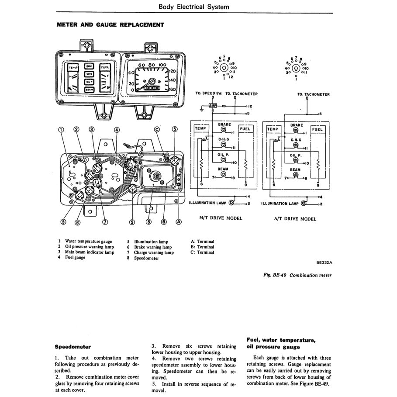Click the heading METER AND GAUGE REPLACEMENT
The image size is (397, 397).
(110, 25)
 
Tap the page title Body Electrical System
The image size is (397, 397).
(193, 7)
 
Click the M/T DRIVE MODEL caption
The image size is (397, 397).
(221, 218)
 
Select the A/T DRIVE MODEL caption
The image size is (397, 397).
(295, 218)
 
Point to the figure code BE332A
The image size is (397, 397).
(324, 263)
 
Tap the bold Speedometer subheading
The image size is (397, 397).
(72, 346)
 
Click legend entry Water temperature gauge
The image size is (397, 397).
(88, 241)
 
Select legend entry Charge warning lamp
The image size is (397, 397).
(153, 252)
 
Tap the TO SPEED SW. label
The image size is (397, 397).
(208, 94)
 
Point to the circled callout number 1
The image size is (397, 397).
(61, 129)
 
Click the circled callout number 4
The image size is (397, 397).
(117, 130)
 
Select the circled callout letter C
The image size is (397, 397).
(157, 129)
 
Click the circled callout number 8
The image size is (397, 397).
(148, 222)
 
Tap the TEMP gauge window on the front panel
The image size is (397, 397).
(72, 68)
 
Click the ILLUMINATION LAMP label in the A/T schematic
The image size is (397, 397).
(280, 204)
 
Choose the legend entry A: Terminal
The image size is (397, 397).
(203, 241)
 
